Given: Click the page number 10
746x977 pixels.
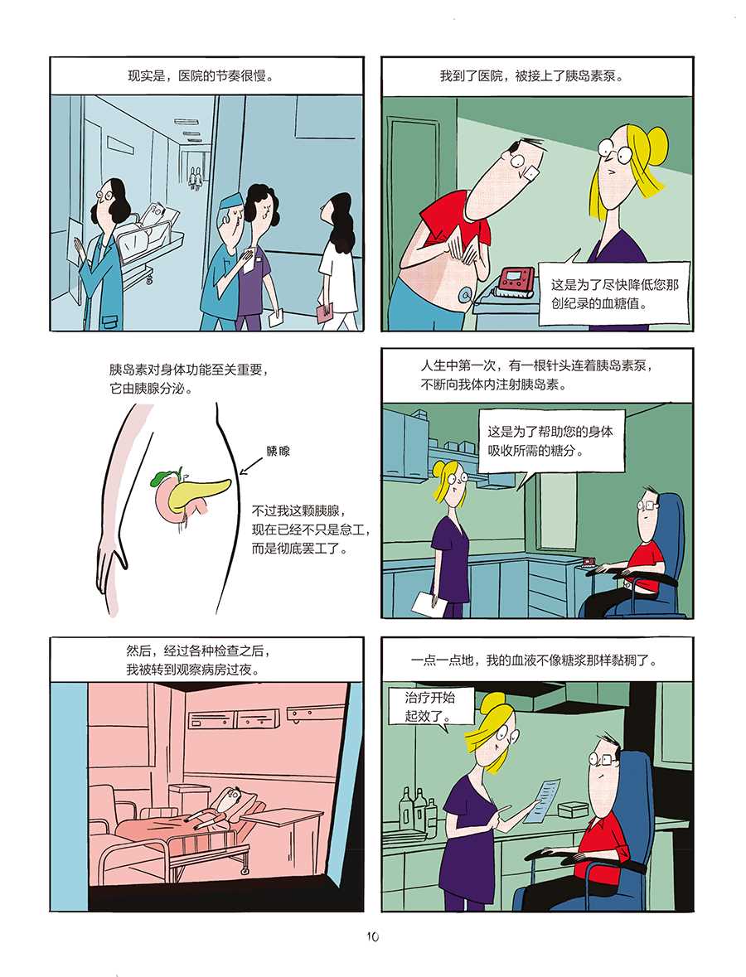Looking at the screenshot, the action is pyautogui.click(x=373, y=936).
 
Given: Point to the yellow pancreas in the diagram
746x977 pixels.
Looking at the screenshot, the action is pyautogui.click(x=199, y=486).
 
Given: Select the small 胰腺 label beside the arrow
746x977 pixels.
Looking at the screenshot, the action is pyautogui.click(x=278, y=451).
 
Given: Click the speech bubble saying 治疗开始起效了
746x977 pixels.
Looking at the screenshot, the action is pyautogui.click(x=429, y=707).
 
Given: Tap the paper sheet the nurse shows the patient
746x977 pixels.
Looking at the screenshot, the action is pyautogui.click(x=541, y=799).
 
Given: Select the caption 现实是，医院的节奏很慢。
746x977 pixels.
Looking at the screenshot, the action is pyautogui.click(x=201, y=76).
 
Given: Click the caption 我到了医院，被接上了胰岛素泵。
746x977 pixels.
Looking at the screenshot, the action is pyautogui.click(x=531, y=76).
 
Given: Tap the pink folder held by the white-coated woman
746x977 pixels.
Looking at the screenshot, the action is pyautogui.click(x=325, y=312).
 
